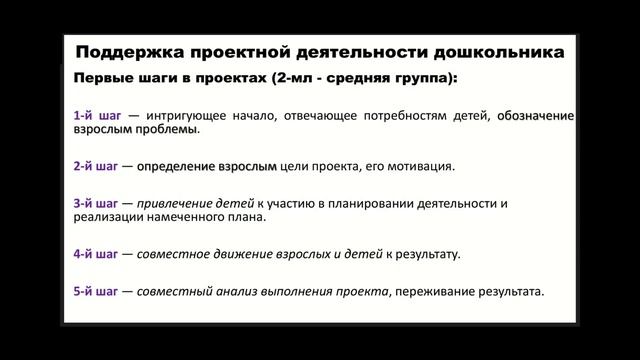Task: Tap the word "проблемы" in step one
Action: pos(171,129)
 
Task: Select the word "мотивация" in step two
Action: pos(423,165)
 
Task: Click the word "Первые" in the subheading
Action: pos(101,78)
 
